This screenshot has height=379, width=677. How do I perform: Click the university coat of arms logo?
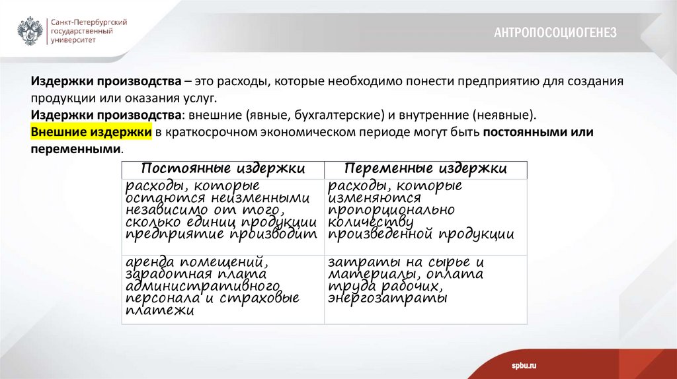click(x=30, y=31)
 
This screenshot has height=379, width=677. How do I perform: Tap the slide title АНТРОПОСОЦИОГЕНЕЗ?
click(x=555, y=32)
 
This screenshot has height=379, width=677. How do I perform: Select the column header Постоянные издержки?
click(x=223, y=168)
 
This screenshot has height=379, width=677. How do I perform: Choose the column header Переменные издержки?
click(x=426, y=168)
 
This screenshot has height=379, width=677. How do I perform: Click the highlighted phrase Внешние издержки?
click(x=91, y=132)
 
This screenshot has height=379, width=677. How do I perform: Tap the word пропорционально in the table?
click(x=391, y=210)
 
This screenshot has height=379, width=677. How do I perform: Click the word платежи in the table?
click(x=159, y=311)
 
